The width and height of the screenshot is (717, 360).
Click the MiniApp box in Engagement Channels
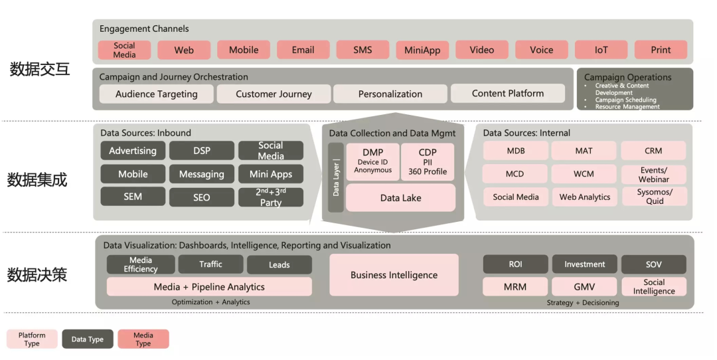422,50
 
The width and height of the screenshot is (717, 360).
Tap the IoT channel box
601,50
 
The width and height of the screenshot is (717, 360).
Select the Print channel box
661,50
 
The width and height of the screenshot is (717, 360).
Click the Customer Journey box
274,94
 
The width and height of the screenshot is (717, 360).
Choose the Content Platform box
508,94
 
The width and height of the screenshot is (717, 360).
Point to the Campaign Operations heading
627,77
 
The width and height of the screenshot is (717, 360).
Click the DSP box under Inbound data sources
202,151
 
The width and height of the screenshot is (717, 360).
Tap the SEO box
202,197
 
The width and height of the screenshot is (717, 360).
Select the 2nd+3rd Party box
271,197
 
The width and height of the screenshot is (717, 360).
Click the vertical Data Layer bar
336,177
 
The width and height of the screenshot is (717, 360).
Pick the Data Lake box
400,198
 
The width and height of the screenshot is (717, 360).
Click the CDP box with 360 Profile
428,161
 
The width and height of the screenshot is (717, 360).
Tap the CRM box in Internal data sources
653,151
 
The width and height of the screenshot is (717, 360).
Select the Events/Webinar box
653,174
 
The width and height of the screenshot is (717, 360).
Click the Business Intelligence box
394,275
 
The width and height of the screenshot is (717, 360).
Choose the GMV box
584,287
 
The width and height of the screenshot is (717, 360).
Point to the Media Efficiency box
141,264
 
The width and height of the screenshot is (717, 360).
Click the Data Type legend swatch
88,339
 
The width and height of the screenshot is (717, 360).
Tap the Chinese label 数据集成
37,179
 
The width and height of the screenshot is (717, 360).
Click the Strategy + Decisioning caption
583,303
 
